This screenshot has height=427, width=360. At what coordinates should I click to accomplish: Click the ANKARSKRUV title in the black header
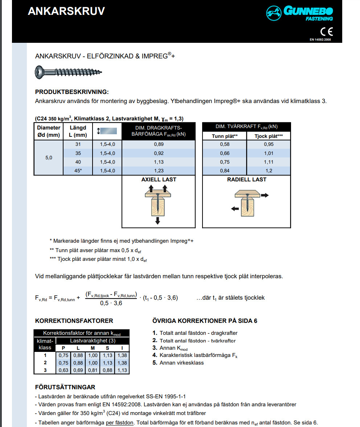coord(66,11)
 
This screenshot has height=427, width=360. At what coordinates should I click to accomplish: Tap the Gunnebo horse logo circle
coord(274,13)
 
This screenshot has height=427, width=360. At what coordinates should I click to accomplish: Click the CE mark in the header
coord(327,32)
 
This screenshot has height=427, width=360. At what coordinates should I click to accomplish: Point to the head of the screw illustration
coord(40,72)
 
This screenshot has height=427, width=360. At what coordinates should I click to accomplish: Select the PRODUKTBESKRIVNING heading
coord(72,92)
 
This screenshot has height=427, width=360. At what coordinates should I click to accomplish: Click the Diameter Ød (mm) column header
coord(49,131)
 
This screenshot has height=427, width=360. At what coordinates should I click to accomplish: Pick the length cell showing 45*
coord(78,171)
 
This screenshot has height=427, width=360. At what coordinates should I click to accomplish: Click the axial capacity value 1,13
coord(159,162)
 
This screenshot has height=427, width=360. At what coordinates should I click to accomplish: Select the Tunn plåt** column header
coord(225,136)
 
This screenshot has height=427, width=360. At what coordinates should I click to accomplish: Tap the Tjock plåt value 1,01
coord(269,153)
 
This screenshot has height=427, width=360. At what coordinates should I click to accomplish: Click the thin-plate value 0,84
coord(225,171)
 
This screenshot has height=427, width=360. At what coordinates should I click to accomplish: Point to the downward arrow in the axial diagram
coord(157,220)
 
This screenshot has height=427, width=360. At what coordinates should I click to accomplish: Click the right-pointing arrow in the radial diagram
coord(265,195)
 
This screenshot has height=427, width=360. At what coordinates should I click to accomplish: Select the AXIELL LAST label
coord(159,180)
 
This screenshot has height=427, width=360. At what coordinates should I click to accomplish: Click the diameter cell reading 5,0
coord(49,158)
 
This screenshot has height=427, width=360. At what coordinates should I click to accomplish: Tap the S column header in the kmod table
coord(107,348)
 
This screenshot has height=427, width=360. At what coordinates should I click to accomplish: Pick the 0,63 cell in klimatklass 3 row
coord(64,370)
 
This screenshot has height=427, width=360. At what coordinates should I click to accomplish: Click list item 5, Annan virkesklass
coord(178,363)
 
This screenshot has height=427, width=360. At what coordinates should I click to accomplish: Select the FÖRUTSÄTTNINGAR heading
coord(65,387)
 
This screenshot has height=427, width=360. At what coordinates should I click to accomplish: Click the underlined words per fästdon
coord(119,423)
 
